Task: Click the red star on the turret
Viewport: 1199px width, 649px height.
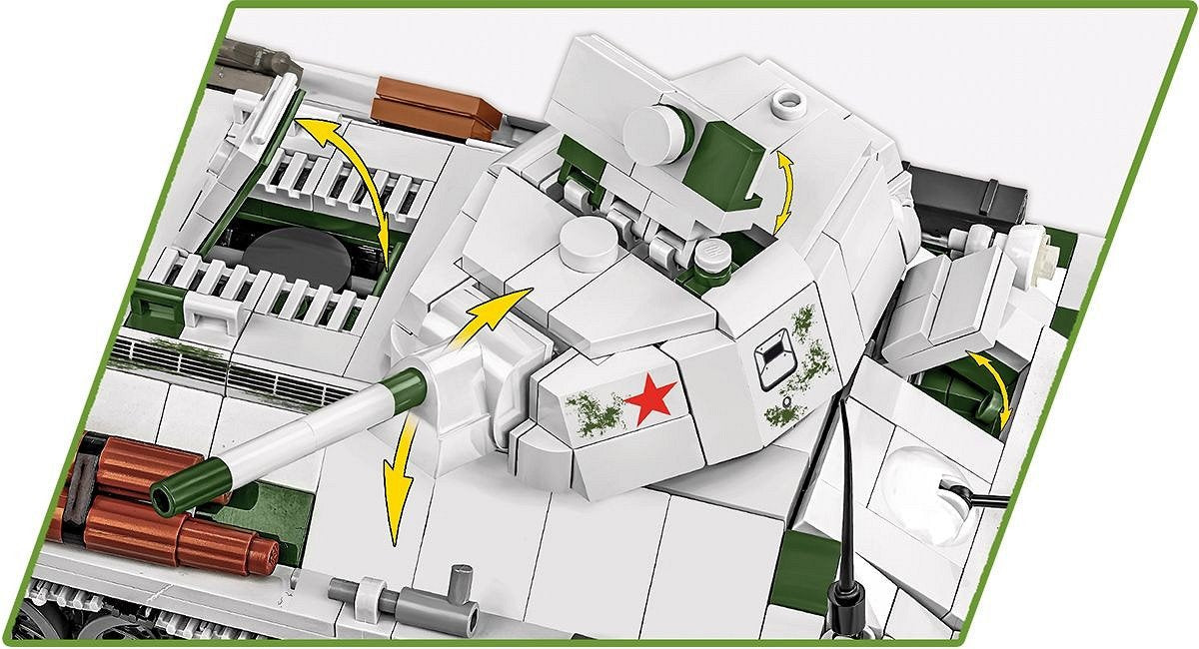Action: point(650,399)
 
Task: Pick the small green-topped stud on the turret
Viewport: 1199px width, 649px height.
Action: point(710,257)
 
